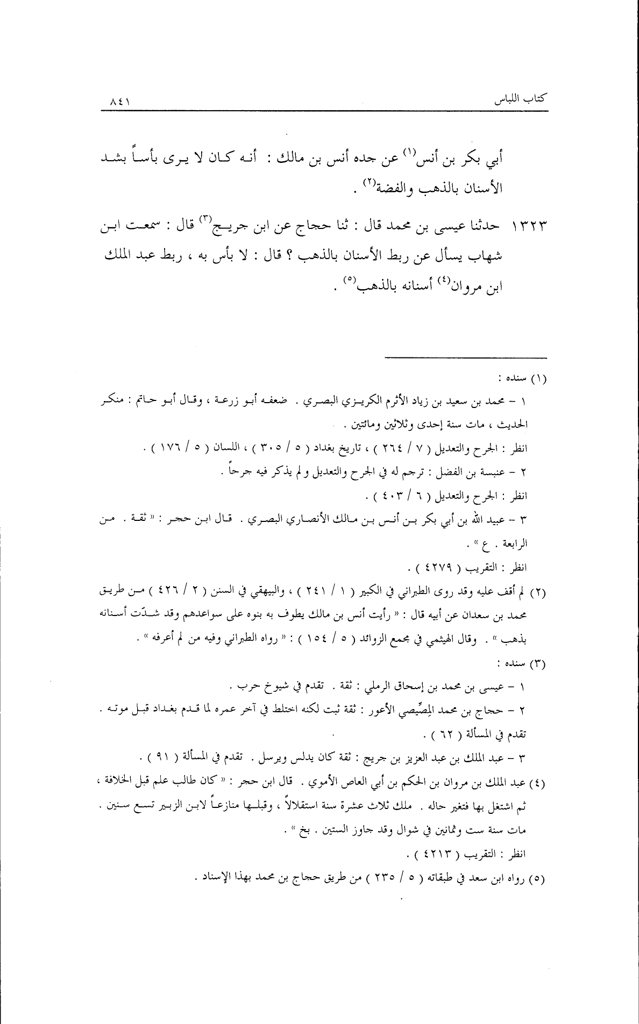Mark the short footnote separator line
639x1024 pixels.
tap(466, 357)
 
